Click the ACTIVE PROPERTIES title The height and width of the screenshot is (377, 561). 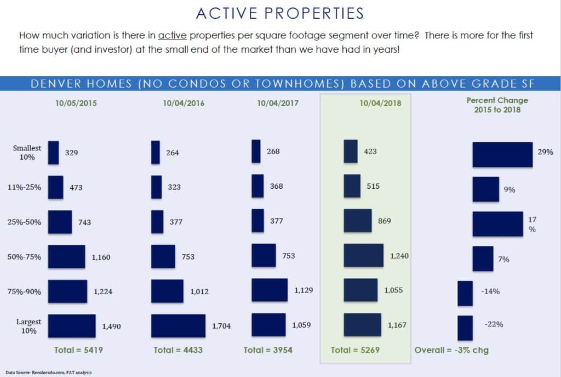[280, 13]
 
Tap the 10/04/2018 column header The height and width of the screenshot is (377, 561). [381, 103]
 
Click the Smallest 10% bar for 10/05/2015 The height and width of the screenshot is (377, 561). [53, 153]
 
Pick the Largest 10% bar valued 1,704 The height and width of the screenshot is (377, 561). [178, 326]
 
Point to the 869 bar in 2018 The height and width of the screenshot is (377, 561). [358, 222]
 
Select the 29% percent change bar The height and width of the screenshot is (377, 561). [502, 154]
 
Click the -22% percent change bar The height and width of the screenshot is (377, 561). [465, 328]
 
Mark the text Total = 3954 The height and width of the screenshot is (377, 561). [269, 350]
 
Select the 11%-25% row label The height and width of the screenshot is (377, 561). [28, 188]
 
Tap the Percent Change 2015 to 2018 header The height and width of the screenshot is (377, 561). [497, 104]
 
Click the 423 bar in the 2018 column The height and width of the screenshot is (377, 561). [351, 151]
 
